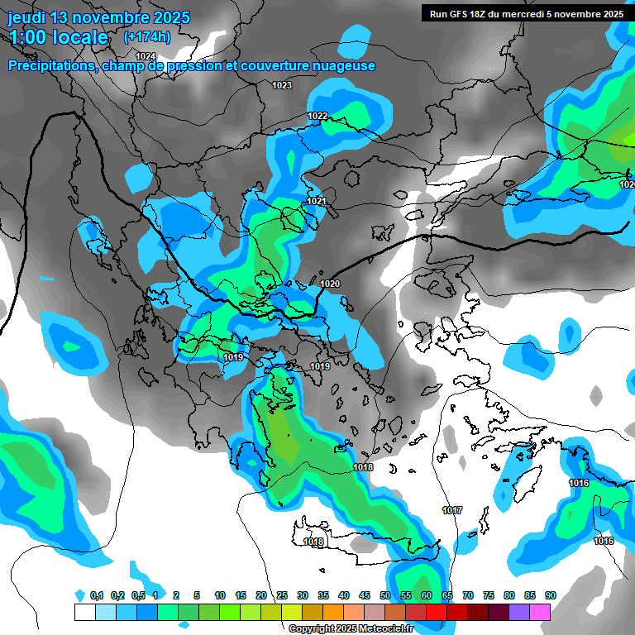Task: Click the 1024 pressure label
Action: [146, 56]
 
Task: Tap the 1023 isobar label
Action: [282, 85]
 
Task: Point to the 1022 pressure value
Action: [317, 116]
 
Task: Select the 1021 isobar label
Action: [317, 201]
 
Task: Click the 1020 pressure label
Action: [330, 284]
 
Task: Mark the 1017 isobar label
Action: [452, 510]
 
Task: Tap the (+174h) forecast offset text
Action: [147, 36]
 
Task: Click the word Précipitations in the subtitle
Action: [49, 65]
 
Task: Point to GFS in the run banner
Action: [461, 13]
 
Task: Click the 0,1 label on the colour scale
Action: [97, 596]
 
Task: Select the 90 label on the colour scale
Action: [550, 596]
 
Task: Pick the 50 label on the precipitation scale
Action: [385, 596]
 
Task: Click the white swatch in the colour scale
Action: [84, 612]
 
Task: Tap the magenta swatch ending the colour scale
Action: [540, 612]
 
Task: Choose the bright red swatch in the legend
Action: [457, 612]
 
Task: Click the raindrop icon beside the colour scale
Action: [79, 595]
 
